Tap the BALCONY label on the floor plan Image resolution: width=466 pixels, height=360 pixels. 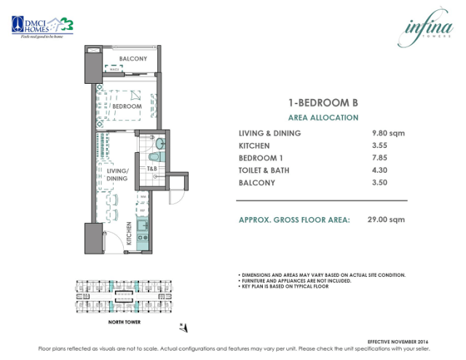(133, 58)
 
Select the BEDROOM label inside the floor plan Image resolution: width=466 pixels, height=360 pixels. (127, 106)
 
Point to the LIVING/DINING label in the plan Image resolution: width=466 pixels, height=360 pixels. (116, 175)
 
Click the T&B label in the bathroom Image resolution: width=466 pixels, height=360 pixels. (152, 169)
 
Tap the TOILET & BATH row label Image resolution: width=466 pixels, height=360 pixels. (266, 171)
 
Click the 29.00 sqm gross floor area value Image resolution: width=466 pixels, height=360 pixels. (386, 219)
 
